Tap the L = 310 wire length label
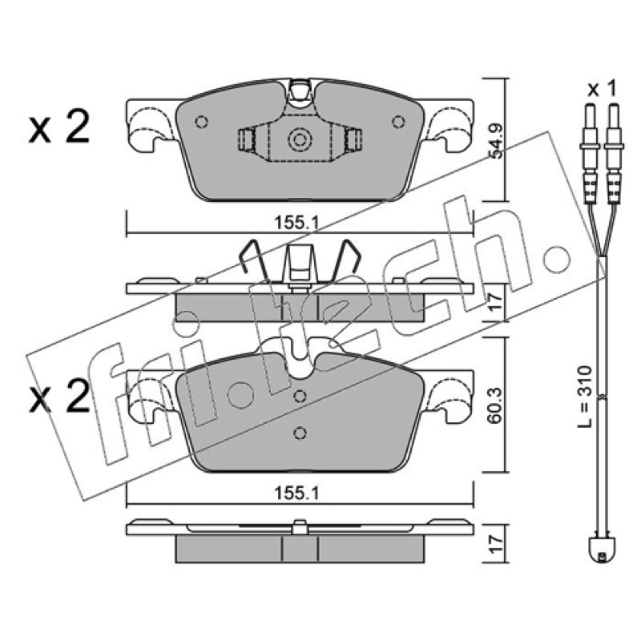pyautogui.click(x=585, y=397)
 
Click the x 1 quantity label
pyautogui.click(x=602, y=89)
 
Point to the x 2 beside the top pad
pyautogui.click(x=58, y=127)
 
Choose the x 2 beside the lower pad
pyautogui.click(x=58, y=395)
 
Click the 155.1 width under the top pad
pyautogui.click(x=296, y=224)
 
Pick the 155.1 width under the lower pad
pyautogui.click(x=296, y=494)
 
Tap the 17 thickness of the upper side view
pyautogui.click(x=496, y=303)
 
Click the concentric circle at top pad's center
pyautogui.click(x=300, y=140)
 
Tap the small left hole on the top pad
pyautogui.click(x=202, y=122)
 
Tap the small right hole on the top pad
pyautogui.click(x=397, y=122)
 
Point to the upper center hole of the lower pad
pyautogui.click(x=300, y=396)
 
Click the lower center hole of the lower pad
pyautogui.click(x=300, y=433)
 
